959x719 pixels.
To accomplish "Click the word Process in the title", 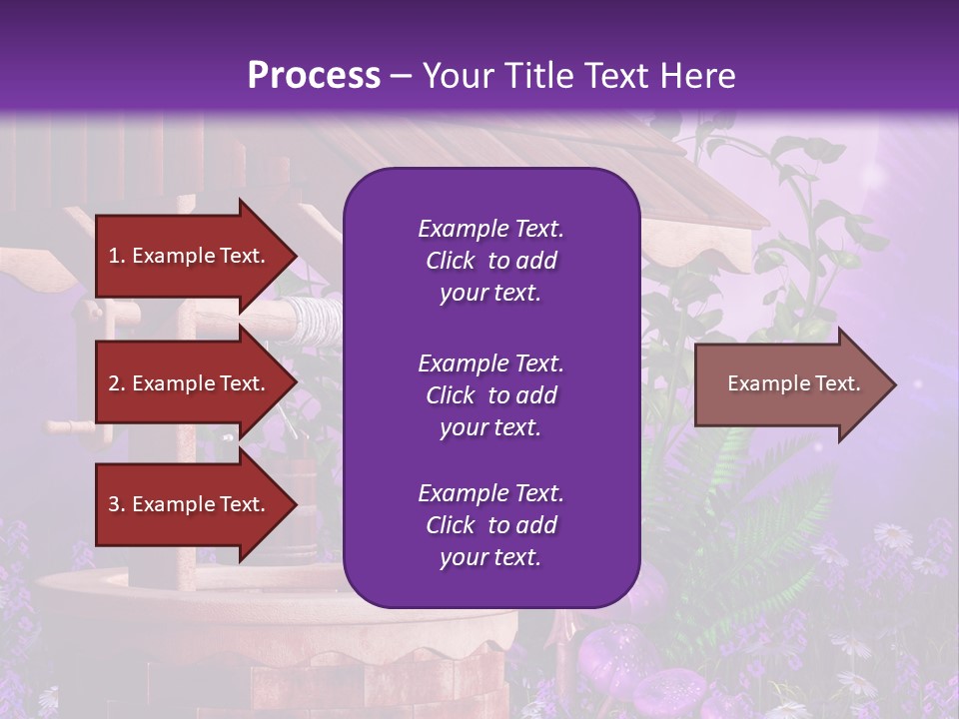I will (x=314, y=76).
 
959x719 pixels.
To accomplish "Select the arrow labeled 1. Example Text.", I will (x=190, y=256).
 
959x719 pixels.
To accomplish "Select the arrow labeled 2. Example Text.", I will (x=190, y=383).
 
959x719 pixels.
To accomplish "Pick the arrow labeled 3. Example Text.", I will (x=190, y=504).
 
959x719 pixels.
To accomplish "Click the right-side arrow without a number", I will (x=789, y=384).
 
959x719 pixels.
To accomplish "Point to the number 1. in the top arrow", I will (x=116, y=256).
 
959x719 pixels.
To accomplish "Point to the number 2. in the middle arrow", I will (x=116, y=383).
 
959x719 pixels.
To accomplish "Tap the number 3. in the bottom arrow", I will (x=116, y=504).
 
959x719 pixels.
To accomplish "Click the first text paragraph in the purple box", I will (x=490, y=261).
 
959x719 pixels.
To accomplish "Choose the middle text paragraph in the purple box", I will (x=490, y=395).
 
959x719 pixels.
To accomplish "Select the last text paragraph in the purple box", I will (x=490, y=525).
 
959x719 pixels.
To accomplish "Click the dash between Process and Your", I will (x=402, y=77).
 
